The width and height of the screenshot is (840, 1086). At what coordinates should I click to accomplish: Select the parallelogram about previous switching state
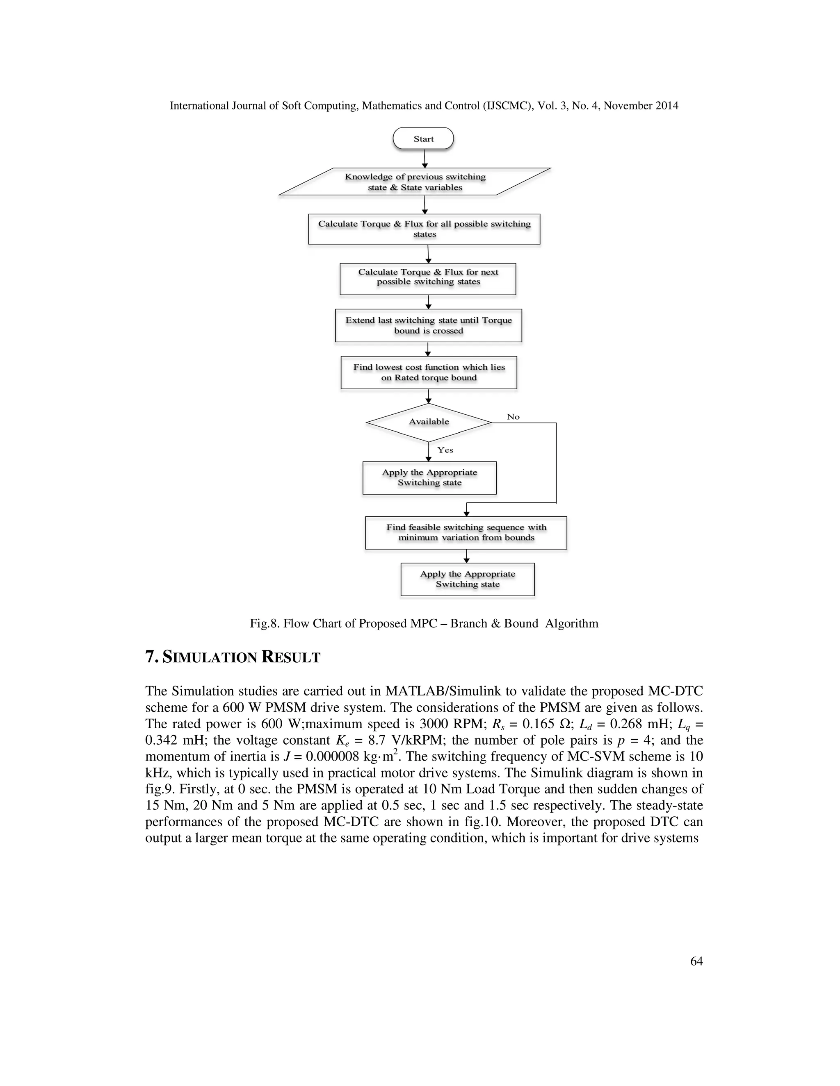tap(415, 182)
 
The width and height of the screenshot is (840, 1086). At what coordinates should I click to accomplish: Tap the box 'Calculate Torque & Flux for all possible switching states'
tap(424, 229)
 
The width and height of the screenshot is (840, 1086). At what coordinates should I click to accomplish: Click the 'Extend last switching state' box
tap(429, 326)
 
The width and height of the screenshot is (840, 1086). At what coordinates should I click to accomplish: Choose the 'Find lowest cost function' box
tap(429, 373)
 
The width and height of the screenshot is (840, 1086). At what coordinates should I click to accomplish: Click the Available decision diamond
tap(429, 422)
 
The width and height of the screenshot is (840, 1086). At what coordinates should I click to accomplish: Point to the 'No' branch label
tap(513, 417)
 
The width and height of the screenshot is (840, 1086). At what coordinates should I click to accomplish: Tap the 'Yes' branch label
tap(445, 450)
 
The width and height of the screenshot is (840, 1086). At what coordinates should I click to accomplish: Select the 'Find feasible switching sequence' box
tap(466, 533)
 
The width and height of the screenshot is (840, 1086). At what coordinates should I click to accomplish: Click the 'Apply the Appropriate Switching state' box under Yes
tap(429, 478)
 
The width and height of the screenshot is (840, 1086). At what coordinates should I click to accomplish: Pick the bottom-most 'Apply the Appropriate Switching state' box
tap(467, 579)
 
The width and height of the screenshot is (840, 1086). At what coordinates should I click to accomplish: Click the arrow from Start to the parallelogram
tap(425, 158)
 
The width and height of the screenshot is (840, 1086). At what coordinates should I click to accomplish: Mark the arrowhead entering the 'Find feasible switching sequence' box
tap(466, 513)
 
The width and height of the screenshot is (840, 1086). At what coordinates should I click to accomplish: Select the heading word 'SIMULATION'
tap(209, 657)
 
